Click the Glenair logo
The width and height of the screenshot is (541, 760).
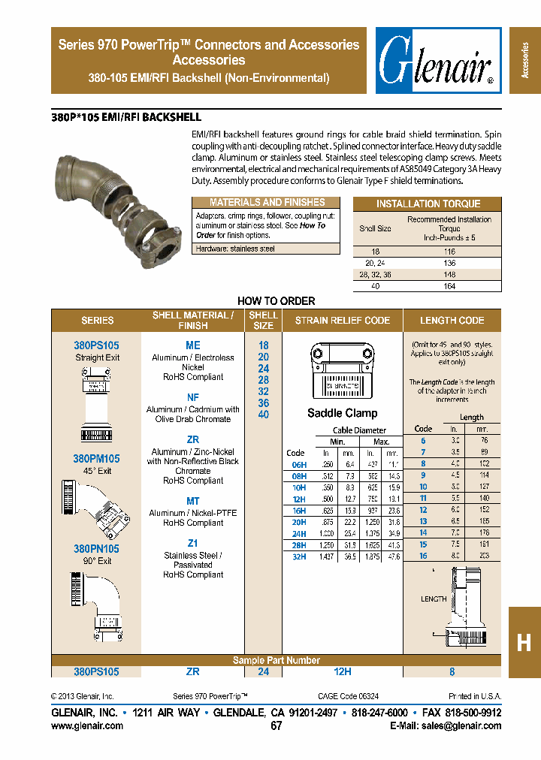pyautogui.click(x=439, y=61)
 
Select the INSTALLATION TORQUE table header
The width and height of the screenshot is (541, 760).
pyautogui.click(x=428, y=204)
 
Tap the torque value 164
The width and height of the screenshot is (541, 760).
pyautogui.click(x=449, y=285)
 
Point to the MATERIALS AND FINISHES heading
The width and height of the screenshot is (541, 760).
pyautogui.click(x=267, y=203)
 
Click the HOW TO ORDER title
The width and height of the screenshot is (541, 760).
pyautogui.click(x=276, y=301)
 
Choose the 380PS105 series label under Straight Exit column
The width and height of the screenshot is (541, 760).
pyautogui.click(x=96, y=345)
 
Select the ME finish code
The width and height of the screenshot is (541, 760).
pyautogui.click(x=193, y=345)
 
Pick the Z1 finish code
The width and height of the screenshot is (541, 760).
pyautogui.click(x=193, y=543)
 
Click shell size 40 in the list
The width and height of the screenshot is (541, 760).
pyautogui.click(x=263, y=415)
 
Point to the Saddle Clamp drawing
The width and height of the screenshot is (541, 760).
pyautogui.click(x=342, y=372)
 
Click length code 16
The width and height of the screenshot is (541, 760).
pyautogui.click(x=424, y=555)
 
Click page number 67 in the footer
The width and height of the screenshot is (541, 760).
pyautogui.click(x=276, y=726)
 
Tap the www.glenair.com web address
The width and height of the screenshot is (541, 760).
pyautogui.click(x=87, y=725)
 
